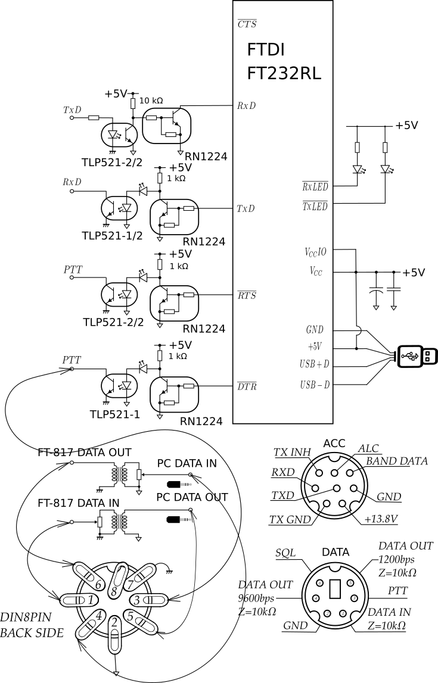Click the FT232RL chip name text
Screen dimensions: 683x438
coord(284,73)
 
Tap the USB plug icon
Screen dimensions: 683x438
coord(417,356)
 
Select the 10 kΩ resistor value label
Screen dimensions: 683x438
coord(151,101)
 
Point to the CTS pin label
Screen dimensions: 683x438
coord(246,24)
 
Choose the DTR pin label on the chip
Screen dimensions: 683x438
coord(246,386)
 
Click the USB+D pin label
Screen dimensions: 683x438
coord(315,363)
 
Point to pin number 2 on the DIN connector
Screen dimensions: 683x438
coord(114,623)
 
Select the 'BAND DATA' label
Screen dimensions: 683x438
coord(397,461)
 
